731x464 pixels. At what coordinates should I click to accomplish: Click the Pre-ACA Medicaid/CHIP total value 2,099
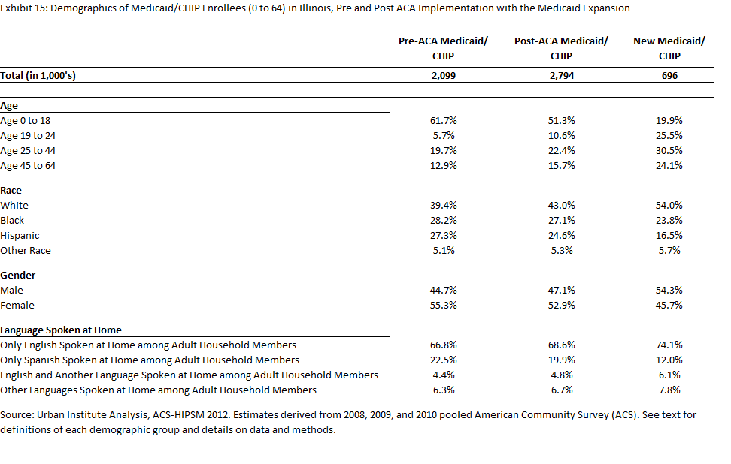coord(444,75)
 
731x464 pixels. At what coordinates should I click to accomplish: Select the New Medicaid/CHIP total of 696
coord(669,75)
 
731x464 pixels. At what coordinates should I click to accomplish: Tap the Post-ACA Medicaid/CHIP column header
coord(561,48)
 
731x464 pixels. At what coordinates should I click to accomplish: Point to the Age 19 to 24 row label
coord(28,135)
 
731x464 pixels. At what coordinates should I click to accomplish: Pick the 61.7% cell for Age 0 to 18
coord(444,121)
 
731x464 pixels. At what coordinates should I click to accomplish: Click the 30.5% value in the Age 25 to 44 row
coord(669,150)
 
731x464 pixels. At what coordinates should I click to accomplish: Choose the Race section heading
coord(11,191)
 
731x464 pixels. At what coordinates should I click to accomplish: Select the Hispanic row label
coord(20,236)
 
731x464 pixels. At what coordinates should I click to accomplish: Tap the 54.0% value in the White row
coord(669,205)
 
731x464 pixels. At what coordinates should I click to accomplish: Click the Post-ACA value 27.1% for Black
coord(561,220)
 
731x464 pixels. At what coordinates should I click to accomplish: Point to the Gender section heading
coord(18,275)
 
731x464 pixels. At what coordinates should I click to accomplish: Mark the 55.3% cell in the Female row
coord(444,306)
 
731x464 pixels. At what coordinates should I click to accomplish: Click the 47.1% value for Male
coord(561,291)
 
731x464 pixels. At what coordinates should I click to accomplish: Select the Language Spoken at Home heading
coord(61,330)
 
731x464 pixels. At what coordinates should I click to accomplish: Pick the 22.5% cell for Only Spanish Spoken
coord(444,360)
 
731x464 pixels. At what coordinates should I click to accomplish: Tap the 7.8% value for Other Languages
coord(669,390)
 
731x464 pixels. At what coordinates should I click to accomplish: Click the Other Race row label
coord(26,250)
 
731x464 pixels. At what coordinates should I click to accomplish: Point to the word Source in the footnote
coord(16,414)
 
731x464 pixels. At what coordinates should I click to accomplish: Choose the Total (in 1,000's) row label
coord(38,75)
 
